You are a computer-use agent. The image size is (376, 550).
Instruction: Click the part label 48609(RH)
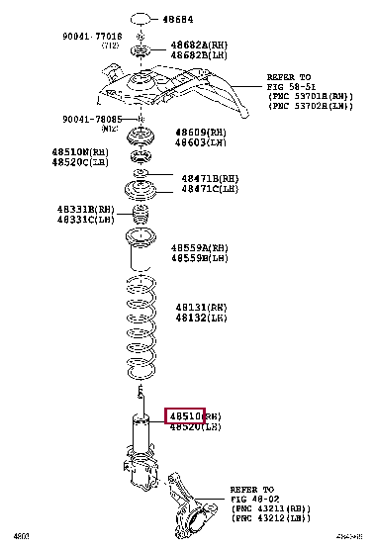pos(200,132)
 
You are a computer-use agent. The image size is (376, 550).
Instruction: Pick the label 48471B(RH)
pos(210,177)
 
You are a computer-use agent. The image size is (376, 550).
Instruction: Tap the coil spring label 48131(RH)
pos(199,308)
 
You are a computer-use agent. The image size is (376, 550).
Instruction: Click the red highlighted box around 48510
pos(184,415)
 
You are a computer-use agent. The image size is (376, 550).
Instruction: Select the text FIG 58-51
pos(288,87)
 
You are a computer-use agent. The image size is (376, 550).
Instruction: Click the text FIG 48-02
pos(255,500)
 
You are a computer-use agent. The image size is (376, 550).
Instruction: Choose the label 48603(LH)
pos(200,142)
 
